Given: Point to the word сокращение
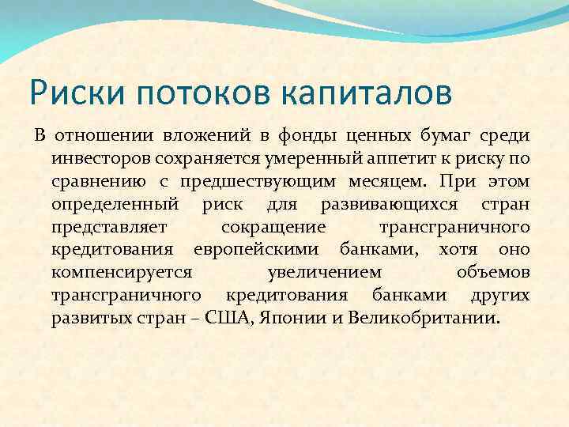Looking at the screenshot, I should (273, 227).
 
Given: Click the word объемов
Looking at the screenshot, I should (493, 273).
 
